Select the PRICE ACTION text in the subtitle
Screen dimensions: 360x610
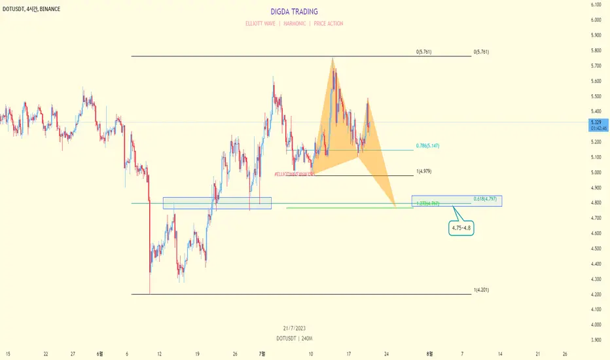[x=328, y=24]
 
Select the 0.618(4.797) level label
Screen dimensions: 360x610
[x=486, y=198]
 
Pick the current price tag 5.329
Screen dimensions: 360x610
[x=596, y=122]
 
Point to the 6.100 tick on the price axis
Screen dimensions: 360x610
[x=596, y=5]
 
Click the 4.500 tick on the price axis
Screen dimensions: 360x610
[x=596, y=248]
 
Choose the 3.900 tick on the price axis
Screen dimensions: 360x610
[x=596, y=340]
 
